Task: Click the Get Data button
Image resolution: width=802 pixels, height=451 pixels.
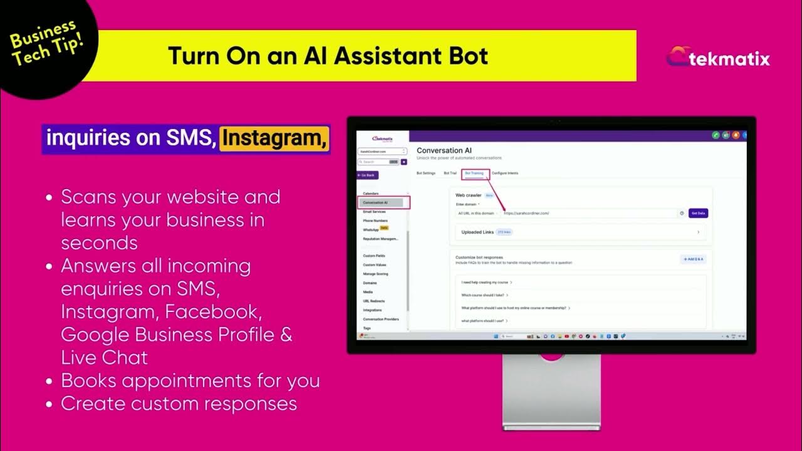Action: [x=698, y=214]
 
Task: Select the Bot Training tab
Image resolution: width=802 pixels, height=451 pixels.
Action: [x=474, y=173]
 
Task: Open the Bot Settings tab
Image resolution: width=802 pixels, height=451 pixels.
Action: [x=426, y=173]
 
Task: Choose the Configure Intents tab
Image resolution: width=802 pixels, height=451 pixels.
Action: [x=505, y=173]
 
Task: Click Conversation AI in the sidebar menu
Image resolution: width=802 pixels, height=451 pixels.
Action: [x=376, y=202]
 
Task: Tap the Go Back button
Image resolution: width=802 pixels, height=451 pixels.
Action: [x=367, y=175]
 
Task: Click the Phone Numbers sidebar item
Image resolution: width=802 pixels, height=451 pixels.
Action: [x=375, y=220]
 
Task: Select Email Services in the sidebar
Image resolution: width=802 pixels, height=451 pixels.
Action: [x=375, y=212]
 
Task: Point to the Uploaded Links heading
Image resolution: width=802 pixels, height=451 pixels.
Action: [x=477, y=232]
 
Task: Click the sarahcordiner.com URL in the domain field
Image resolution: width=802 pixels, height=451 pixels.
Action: [x=526, y=214]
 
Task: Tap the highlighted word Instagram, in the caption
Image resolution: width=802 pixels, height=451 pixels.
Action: [x=274, y=138]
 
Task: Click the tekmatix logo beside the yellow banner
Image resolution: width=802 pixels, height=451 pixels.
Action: [x=718, y=59]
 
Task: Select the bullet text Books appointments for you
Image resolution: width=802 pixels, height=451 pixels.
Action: [x=190, y=380]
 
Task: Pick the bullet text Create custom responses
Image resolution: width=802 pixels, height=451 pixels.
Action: [x=179, y=403]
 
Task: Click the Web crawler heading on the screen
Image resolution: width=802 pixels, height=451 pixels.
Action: [x=468, y=195]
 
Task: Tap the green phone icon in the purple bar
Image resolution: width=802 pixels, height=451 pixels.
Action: [x=716, y=135]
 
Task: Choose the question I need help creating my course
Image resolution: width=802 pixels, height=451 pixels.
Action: [x=484, y=283]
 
